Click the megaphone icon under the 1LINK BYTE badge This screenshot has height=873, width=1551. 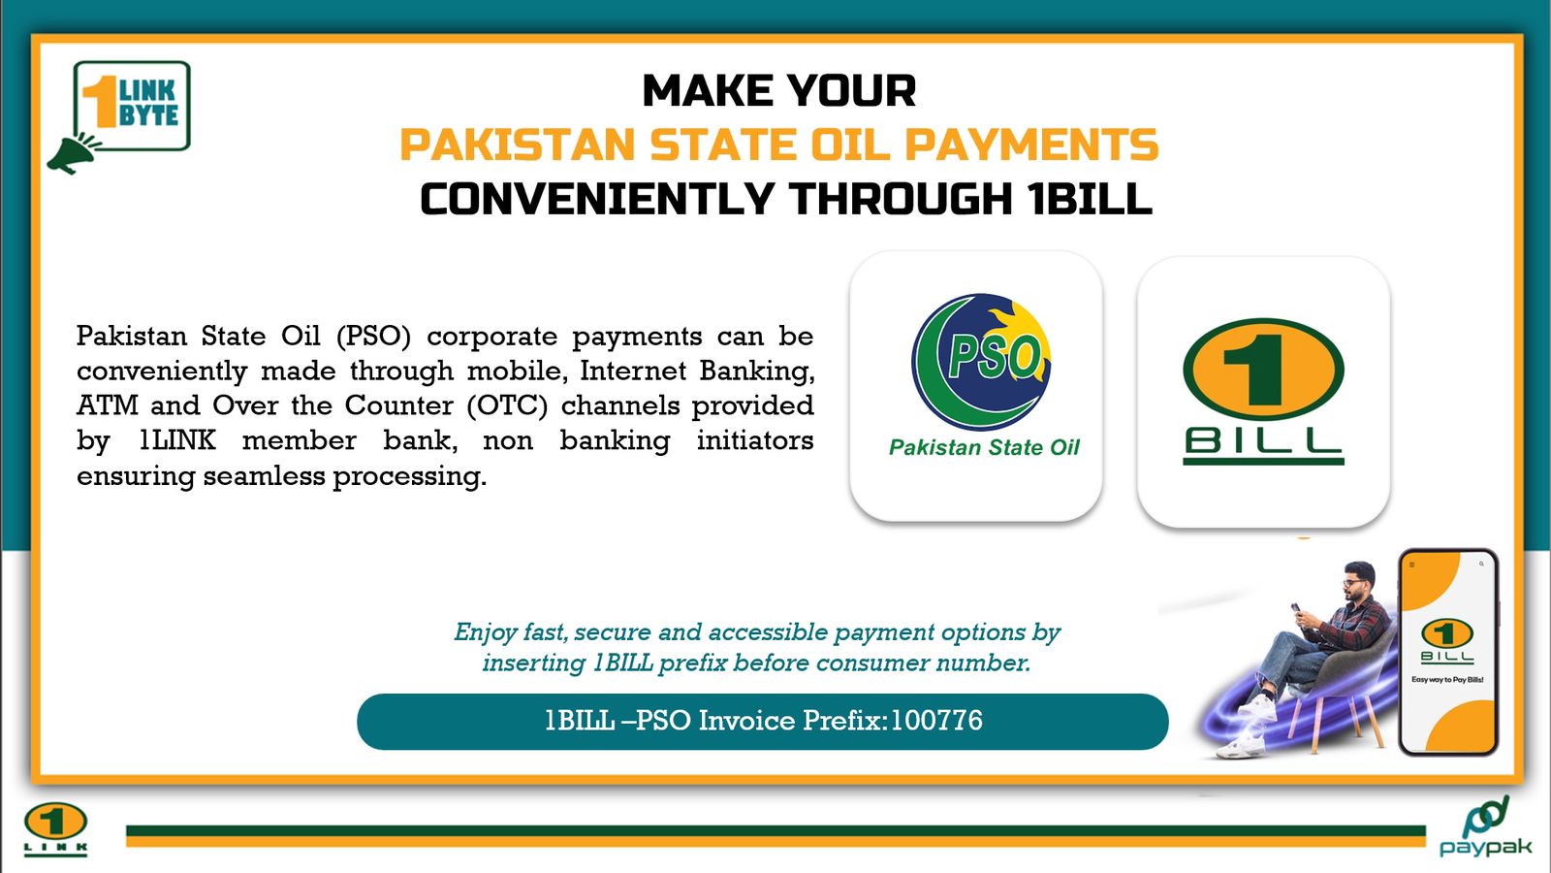(74, 153)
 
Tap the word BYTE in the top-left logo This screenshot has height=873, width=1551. (149, 115)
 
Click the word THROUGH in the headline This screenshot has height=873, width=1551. (901, 198)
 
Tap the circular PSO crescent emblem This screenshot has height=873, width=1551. (981, 361)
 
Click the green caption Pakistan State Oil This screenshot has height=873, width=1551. (984, 447)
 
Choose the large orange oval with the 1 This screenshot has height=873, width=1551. (1264, 370)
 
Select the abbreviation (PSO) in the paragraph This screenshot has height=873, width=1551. (373, 336)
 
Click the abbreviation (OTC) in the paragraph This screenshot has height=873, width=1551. (508, 406)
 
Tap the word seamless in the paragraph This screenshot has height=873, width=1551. (264, 476)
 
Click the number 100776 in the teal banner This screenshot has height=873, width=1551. (936, 721)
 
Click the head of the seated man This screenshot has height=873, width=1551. (1357, 581)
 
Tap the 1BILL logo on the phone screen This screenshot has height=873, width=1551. (1447, 641)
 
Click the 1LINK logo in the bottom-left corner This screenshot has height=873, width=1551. (55, 828)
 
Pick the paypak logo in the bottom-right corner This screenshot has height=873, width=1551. (1485, 826)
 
